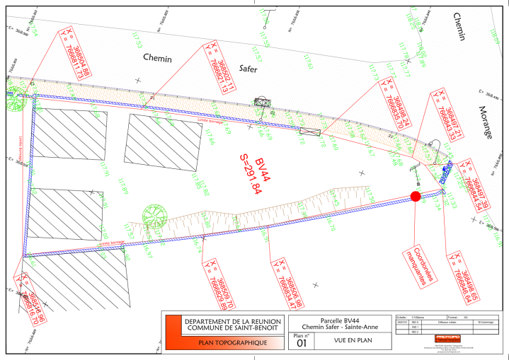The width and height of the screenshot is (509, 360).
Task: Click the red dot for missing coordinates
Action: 416,196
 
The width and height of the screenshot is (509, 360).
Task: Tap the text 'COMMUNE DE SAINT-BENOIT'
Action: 233,327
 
